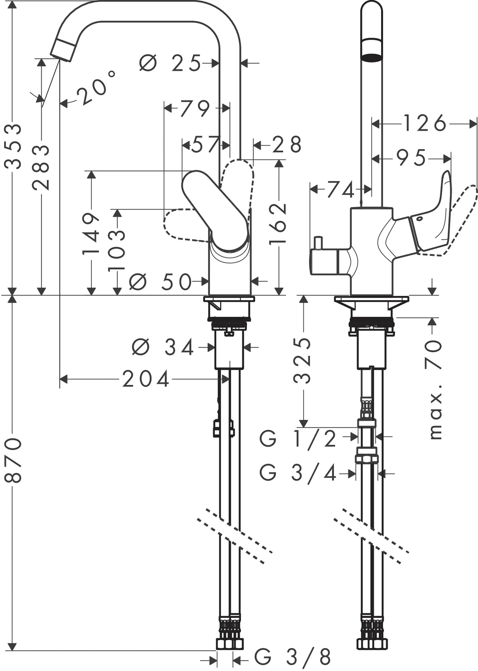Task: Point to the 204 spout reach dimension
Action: tap(146, 379)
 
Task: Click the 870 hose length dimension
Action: tap(13, 460)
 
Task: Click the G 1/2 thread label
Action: tap(298, 439)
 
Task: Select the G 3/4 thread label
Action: tap(298, 473)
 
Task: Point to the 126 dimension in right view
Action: tap(425, 124)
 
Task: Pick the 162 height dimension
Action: tap(278, 224)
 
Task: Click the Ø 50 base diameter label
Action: tap(160, 282)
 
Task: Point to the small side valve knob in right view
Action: tap(317, 243)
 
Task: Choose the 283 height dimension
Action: tap(41, 168)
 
